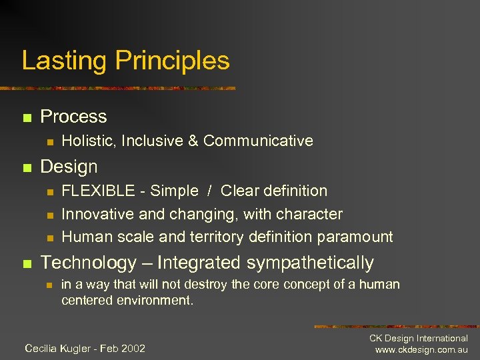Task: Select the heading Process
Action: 73,117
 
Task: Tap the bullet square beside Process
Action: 26,118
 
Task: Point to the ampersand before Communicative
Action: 194,141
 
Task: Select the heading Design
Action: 69,167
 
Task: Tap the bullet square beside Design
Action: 26,168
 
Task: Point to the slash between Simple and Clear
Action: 209,191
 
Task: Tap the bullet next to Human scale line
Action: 49,238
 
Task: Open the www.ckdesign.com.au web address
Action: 421,350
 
